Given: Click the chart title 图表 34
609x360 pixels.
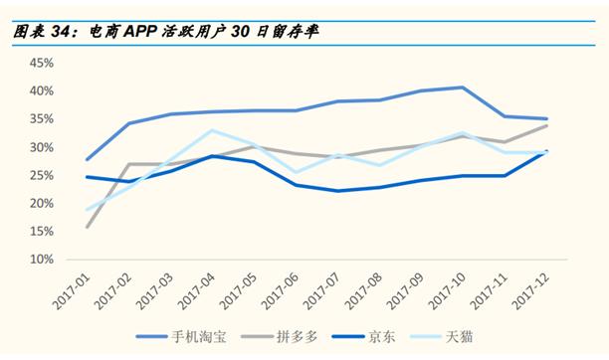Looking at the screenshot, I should click(44, 31).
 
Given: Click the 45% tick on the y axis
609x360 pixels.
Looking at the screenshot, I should click(42, 63).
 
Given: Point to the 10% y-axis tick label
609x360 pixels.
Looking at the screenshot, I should click(42, 259).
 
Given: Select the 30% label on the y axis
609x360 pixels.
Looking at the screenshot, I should click(42, 147).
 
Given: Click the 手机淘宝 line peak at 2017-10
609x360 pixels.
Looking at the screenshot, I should click(462, 88).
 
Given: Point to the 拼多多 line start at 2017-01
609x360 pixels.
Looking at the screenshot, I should click(87, 227).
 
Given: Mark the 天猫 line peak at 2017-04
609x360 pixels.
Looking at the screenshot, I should click(211, 130).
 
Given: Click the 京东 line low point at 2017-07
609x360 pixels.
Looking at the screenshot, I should click(337, 191).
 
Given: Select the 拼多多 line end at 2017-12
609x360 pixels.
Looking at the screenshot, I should click(546, 125).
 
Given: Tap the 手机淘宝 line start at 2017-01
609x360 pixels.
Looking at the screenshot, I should click(87, 159).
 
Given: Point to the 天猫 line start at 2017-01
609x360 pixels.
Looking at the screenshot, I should click(87, 210).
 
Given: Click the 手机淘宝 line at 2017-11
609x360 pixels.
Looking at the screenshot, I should click(505, 116).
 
